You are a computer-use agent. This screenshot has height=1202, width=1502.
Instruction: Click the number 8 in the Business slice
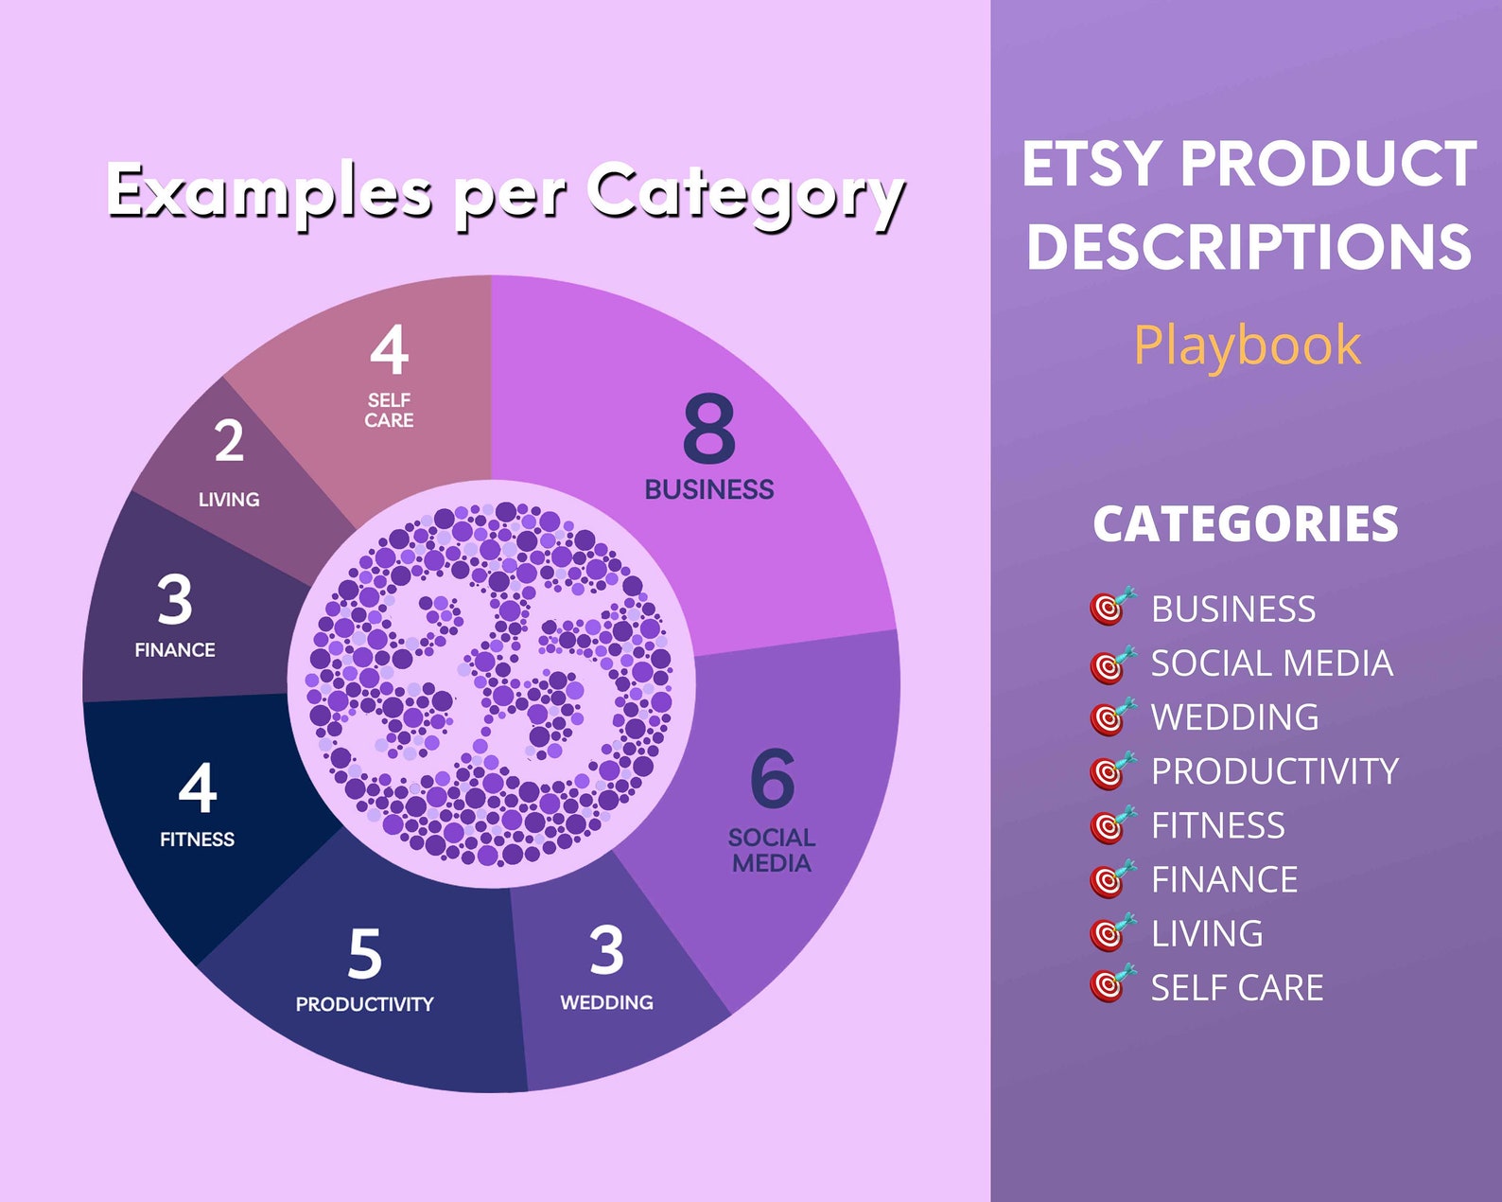[x=708, y=429]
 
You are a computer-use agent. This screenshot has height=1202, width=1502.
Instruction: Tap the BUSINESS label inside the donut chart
[x=708, y=489]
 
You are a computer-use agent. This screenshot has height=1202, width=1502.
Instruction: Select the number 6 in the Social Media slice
[x=772, y=779]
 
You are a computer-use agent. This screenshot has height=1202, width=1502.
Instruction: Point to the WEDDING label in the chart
[x=606, y=1002]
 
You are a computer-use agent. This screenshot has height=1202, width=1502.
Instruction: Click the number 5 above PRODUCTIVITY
[x=365, y=953]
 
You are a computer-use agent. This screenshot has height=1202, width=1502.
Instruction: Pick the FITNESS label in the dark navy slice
[x=197, y=840]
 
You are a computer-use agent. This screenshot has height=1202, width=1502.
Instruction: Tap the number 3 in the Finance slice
[x=175, y=600]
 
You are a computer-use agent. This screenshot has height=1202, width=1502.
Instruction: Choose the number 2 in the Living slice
[x=229, y=441]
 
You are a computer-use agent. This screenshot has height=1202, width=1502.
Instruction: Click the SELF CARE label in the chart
[x=389, y=411]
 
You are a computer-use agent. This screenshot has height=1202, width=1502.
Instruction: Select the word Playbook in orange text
[x=1247, y=345]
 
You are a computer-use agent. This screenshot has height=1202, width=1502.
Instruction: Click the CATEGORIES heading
[x=1245, y=524]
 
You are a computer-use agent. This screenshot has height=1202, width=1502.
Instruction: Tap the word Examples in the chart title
[x=269, y=192]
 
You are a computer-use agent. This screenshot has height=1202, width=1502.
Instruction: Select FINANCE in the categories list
[x=1224, y=880]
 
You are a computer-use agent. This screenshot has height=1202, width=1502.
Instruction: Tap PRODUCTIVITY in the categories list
[x=1274, y=771]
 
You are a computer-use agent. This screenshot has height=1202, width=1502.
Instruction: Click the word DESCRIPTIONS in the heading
[x=1249, y=247]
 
